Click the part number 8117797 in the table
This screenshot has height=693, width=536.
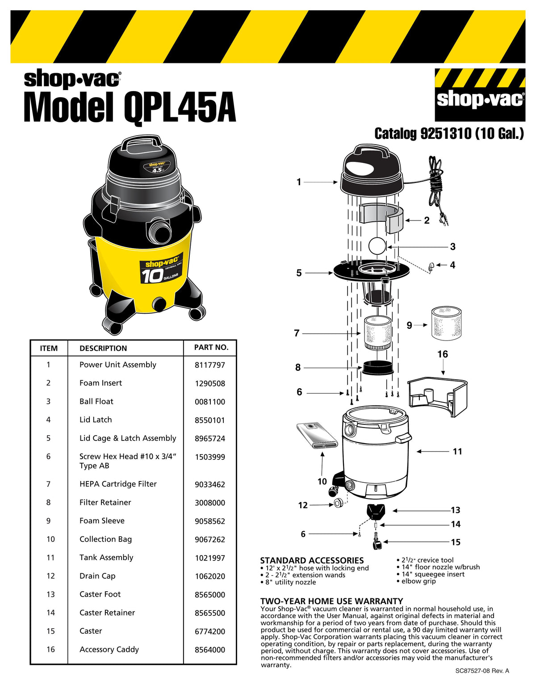[209, 365]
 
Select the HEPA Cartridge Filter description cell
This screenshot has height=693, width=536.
[118, 484]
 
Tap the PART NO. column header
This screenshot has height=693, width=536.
[211, 348]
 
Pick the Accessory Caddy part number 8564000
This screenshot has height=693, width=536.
[209, 650]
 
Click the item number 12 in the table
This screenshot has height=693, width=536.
[50, 576]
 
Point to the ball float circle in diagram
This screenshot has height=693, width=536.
[377, 246]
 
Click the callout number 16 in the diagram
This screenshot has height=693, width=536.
[442, 354]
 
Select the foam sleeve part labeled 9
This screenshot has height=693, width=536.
[446, 323]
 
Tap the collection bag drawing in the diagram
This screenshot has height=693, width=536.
[318, 436]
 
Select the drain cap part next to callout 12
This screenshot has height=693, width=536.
[338, 503]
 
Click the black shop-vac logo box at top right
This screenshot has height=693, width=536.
[480, 95]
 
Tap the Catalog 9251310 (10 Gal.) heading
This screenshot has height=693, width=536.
[449, 133]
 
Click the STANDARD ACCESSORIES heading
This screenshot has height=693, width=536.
[312, 560]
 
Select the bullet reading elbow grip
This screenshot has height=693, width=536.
[418, 581]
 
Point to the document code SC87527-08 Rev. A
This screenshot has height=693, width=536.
[482, 671]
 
